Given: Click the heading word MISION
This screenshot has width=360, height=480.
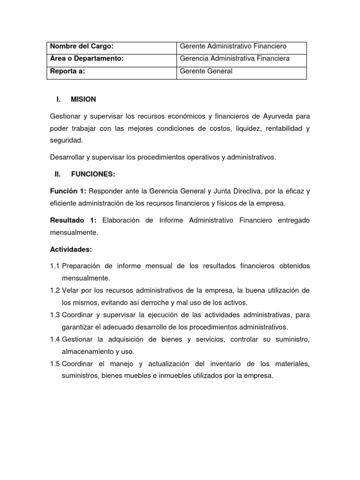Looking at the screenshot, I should [83, 99].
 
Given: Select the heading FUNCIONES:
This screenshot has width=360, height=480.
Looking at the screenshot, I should [93, 174].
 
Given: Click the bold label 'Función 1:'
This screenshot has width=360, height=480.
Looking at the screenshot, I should [68, 191].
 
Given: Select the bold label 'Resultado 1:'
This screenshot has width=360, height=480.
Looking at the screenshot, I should [73, 220].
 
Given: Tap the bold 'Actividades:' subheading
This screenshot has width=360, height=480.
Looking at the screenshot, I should [71, 249].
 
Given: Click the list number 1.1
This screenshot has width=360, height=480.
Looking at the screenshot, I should [55, 266].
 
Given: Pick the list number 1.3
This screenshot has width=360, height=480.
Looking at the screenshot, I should [55, 315].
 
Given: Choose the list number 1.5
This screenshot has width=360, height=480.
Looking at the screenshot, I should [55, 364].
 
